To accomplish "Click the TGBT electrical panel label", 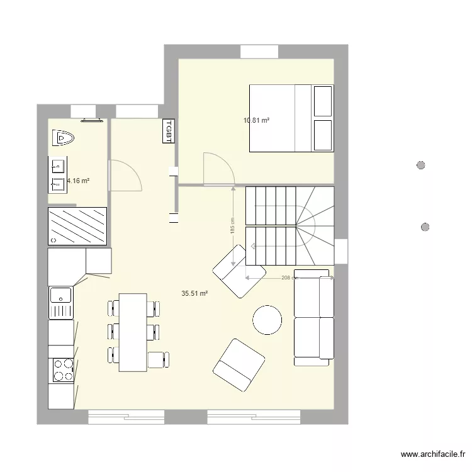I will click(168, 131).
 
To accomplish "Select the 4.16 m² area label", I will click(77, 181).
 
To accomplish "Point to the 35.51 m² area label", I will click(194, 293).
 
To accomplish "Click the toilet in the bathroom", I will click(63, 136).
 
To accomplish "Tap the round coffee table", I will click(267, 319).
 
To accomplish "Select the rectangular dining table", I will click(132, 332).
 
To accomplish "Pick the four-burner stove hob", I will click(62, 370).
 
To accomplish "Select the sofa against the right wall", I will click(313, 317).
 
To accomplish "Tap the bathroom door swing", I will click(125, 175).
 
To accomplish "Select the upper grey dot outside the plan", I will click(421, 166).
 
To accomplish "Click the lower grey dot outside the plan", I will click(425, 227).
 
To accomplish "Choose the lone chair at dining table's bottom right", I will click(156, 359).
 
